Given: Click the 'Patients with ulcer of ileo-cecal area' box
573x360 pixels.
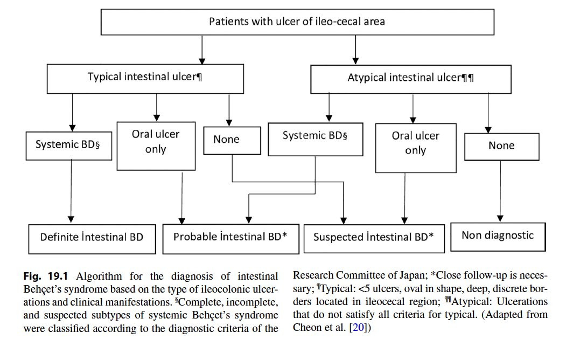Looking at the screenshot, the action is (x=297, y=22).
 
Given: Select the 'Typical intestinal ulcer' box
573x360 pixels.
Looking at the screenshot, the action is (x=145, y=79).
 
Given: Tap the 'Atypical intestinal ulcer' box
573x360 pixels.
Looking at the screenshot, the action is (x=411, y=79).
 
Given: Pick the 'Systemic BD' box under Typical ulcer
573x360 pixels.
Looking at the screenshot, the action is (x=69, y=146).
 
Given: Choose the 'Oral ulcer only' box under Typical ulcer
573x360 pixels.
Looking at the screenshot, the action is (x=156, y=146).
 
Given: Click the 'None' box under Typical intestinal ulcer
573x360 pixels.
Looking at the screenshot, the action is (x=232, y=141).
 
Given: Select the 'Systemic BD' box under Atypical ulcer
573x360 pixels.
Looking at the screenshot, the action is (x=316, y=140).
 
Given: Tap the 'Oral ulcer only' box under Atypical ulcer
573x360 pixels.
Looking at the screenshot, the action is (x=416, y=148).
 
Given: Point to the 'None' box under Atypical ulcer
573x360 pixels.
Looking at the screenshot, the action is (x=502, y=147).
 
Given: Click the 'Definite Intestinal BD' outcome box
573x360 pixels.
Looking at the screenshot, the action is (x=92, y=239).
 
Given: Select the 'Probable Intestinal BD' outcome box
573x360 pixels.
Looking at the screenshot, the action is (x=230, y=239).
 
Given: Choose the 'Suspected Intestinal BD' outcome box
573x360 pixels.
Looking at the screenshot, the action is (x=374, y=239).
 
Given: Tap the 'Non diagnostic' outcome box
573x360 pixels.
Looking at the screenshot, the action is (x=498, y=237).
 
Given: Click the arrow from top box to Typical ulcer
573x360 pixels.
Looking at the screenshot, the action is (x=202, y=50).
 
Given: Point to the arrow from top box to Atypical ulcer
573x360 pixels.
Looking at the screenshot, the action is (x=355, y=50).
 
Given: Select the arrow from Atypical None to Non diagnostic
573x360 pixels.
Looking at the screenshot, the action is (x=501, y=191).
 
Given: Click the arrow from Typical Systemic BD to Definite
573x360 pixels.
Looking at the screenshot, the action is (x=71, y=191).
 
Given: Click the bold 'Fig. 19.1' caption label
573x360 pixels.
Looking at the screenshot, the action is (x=46, y=276).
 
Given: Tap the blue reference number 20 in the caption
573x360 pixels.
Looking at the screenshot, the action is (x=359, y=327).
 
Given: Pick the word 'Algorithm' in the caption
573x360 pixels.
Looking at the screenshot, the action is (x=99, y=276).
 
